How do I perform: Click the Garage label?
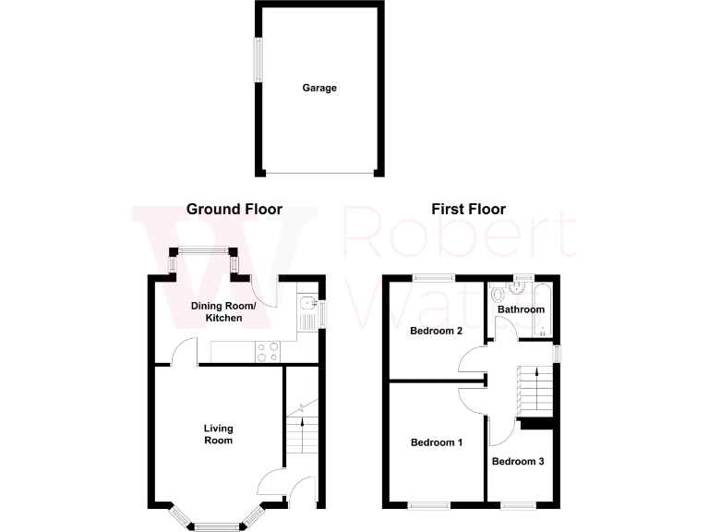click(x=319, y=89)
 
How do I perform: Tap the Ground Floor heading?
click(x=234, y=210)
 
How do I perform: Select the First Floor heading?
click(x=468, y=210)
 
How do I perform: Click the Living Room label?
click(x=219, y=434)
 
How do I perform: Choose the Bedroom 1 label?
click(x=436, y=443)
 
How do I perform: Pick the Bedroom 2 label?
click(x=436, y=331)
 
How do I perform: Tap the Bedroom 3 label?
click(x=518, y=461)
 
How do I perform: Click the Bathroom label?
click(x=521, y=309)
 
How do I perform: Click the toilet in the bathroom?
click(x=499, y=295)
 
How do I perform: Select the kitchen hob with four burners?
click(x=268, y=351)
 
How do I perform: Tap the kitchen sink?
click(x=306, y=314)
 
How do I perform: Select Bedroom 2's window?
click(x=433, y=276)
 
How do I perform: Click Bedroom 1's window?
click(x=429, y=505)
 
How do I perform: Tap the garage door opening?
click(x=319, y=173)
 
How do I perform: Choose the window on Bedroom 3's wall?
click(x=518, y=505)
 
